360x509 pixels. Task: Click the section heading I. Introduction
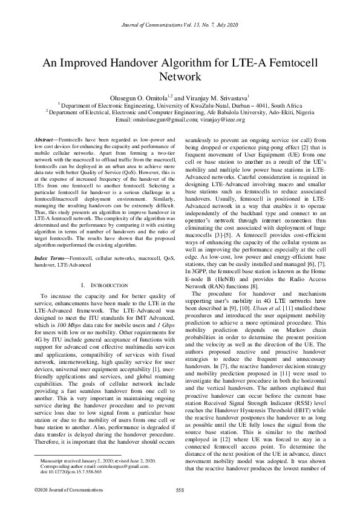(x=103, y=284)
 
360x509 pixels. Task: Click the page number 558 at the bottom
(x=180, y=490)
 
